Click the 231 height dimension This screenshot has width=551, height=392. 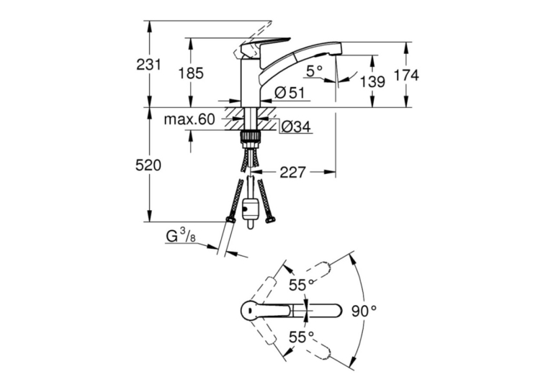pos(148,65)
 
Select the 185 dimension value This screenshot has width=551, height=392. pos(191,73)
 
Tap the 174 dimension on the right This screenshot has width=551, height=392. pos(406,75)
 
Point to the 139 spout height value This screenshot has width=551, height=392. pos(372,82)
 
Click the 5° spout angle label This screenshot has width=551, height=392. pos(314,71)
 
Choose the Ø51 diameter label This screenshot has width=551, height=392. pos(290,93)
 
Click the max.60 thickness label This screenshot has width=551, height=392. pos(189,119)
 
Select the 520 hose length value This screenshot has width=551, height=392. pos(148,165)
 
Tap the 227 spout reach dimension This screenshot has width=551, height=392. pos(292,172)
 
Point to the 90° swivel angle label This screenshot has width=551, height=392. pos(364,311)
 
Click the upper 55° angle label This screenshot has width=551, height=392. pos(301,285)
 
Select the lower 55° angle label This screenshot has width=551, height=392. pos(301,337)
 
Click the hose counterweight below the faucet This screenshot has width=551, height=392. pos(250,210)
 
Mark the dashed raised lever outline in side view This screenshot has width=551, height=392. pos(251,40)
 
